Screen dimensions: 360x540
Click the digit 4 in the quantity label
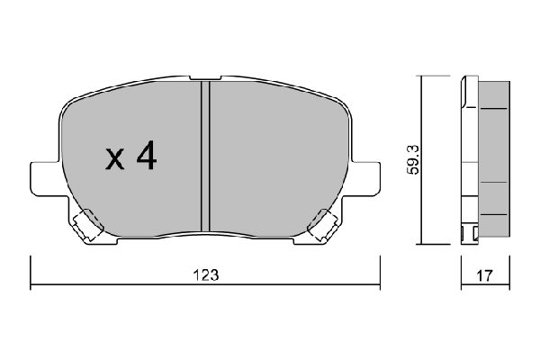click(146, 158)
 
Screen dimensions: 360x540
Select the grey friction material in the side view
click(494, 162)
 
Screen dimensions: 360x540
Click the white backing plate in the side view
click(468, 162)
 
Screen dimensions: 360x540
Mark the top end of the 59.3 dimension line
click(423, 78)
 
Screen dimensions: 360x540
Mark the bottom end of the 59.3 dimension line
click(423, 244)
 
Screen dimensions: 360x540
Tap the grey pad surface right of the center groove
click(270, 153)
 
